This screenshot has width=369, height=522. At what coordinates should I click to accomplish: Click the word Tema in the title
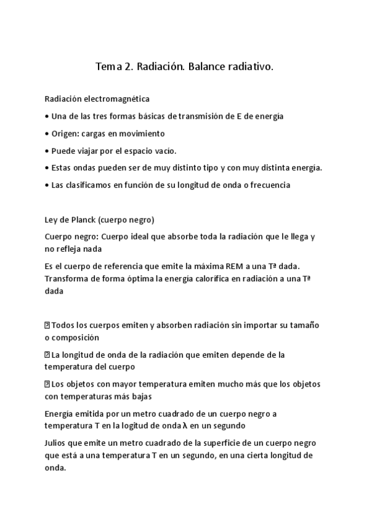click(x=108, y=66)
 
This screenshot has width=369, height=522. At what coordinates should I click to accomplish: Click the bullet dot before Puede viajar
click(x=47, y=151)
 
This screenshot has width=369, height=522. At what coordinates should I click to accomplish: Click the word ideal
click(x=148, y=237)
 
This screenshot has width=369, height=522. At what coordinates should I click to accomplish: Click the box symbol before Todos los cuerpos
click(x=47, y=324)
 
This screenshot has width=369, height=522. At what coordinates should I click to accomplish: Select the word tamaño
click(x=306, y=324)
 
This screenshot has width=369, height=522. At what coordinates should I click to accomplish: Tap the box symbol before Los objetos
click(x=47, y=384)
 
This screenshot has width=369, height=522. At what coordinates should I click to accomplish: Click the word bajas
click(x=141, y=396)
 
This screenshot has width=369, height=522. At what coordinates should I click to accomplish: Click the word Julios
click(x=57, y=443)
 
